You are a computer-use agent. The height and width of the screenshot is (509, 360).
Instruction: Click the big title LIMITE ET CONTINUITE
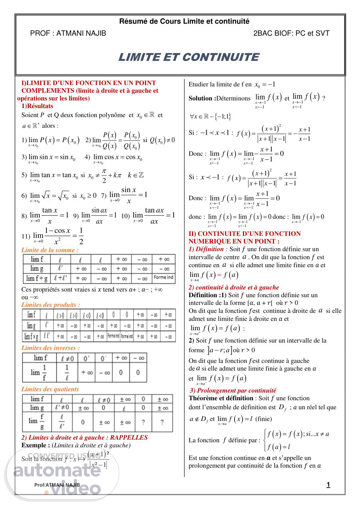188,57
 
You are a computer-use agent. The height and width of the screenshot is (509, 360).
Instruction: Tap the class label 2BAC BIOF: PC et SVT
291,33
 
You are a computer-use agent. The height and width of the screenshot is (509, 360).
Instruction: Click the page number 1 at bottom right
328,485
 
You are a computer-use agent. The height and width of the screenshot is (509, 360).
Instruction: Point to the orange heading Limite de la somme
50,250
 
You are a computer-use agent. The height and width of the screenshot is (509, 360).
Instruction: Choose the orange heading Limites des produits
51,305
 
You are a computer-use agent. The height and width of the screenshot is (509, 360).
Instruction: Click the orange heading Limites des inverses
51,348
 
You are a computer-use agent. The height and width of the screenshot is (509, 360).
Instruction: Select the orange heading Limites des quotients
50,389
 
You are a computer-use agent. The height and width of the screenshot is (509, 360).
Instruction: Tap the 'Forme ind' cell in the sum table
163,278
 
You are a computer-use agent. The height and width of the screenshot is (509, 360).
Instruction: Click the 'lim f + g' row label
36,278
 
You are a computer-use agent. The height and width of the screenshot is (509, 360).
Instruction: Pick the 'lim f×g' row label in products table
31,336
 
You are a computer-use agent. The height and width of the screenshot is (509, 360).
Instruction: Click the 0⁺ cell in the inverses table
87,358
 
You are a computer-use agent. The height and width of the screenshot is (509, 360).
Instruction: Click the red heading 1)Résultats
37,106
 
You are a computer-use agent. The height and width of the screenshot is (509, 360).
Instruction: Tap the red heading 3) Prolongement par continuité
233,390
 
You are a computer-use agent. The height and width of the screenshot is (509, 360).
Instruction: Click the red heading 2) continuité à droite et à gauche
234,287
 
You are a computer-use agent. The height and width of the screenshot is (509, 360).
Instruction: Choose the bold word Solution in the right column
201,98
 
